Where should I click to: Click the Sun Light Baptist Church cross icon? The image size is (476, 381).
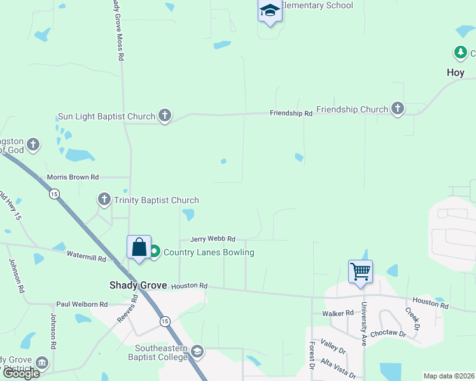point(165,116)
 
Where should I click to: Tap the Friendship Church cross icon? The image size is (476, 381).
point(398,109)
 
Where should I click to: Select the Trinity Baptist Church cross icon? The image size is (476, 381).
point(104,200)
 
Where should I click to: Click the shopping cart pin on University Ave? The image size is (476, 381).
point(360,272)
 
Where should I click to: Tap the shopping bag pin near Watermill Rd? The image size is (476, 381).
point(139,248)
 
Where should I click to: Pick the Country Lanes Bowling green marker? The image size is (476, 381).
point(155,252)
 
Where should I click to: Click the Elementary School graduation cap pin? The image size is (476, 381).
point(270,11)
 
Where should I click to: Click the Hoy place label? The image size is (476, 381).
point(456,72)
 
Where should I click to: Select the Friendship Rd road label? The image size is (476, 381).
point(291,114)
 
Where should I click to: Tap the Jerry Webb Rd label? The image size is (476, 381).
point(214,239)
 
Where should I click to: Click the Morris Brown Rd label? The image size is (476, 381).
point(73,177)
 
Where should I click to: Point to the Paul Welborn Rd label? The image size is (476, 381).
point(81,305)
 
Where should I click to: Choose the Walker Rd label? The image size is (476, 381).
point(337,313)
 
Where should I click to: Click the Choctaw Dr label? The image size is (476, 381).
point(388,332)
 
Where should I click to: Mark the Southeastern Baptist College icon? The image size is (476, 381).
point(197,351)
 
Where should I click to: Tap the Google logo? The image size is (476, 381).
point(20,373)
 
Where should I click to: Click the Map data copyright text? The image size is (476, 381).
point(449,376)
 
